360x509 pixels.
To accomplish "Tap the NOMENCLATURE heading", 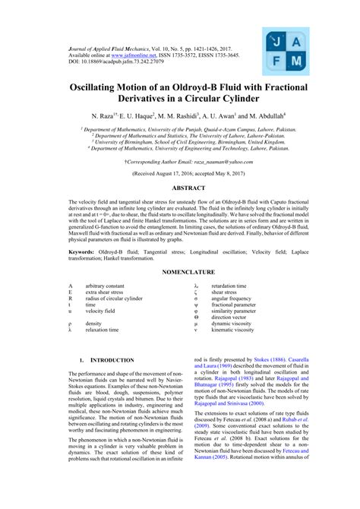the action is pyautogui.click(x=179, y=271).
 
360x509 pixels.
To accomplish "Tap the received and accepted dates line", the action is pyautogui.click(x=179, y=173).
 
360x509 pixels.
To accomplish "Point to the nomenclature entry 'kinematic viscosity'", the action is pyautogui.click(x=232, y=330).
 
